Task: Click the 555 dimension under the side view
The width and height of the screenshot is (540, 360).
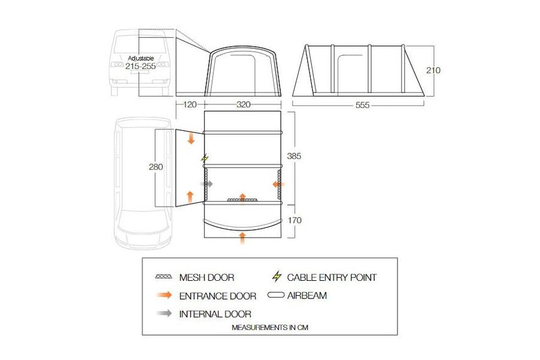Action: coord(362,105)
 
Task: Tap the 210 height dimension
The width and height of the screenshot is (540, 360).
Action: coord(433,70)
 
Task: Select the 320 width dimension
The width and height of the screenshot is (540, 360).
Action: coord(246,105)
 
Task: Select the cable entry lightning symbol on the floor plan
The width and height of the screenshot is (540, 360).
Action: coord(203,158)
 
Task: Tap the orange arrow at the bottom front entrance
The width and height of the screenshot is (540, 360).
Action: coord(244,237)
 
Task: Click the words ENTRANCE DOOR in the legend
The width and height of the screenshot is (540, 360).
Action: coord(218,296)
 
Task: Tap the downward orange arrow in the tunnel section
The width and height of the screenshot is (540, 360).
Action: coord(192,139)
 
